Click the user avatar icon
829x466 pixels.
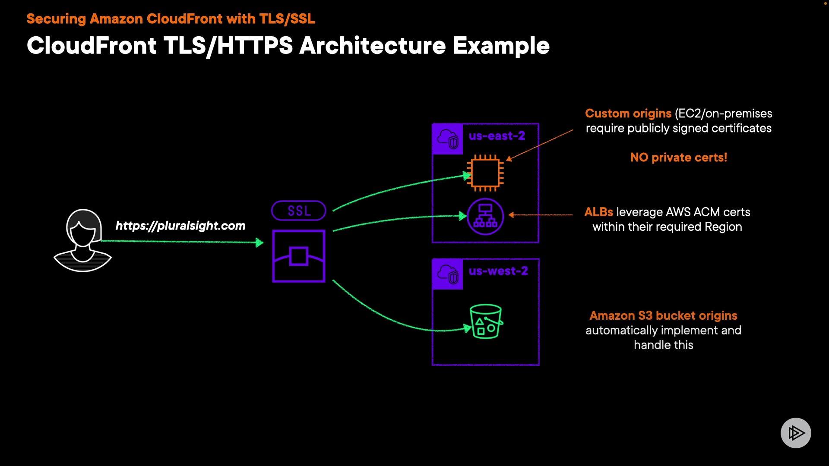[x=82, y=240]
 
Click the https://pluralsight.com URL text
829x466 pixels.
[x=180, y=226]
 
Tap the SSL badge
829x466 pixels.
[x=299, y=211]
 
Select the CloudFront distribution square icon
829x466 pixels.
[x=299, y=256]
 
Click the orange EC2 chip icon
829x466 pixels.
[x=485, y=173]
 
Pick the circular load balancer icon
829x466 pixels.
[x=485, y=216]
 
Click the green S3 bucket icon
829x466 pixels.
[x=486, y=321]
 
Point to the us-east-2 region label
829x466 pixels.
[x=497, y=136]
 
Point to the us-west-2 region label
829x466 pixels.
[x=498, y=271]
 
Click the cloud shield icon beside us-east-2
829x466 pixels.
[x=447, y=139]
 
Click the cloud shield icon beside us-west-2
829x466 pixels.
[x=447, y=274]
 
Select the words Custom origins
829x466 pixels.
[x=628, y=113]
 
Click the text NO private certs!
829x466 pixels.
[x=679, y=157]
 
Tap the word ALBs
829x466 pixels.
[x=598, y=212]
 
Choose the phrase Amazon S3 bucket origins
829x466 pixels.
[x=664, y=315]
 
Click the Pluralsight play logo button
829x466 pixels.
[x=796, y=433]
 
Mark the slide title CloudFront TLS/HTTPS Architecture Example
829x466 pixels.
[x=288, y=46]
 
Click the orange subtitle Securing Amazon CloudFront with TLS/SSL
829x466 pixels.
[x=171, y=19]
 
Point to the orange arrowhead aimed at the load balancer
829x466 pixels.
[x=511, y=215]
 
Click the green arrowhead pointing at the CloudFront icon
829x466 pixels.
[x=259, y=242]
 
